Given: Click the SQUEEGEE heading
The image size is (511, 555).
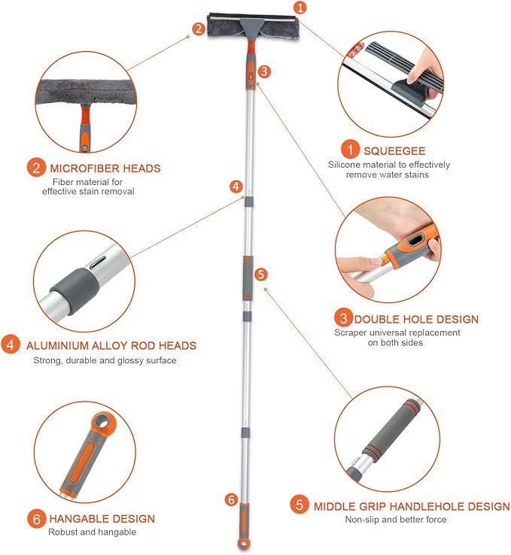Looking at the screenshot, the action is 394,151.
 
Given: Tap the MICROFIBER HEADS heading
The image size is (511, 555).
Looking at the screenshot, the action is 105,168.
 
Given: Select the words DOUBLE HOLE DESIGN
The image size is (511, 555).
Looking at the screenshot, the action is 416,320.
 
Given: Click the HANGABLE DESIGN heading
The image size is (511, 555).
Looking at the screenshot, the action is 102,519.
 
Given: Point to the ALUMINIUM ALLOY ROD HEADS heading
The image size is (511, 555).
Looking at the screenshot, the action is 111,345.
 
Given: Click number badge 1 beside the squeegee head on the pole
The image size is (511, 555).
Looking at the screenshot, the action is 300,7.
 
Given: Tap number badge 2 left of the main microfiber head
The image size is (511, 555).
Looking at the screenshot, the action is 199,29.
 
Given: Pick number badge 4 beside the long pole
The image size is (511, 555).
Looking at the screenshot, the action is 236,187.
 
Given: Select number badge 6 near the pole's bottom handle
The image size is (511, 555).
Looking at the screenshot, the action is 231,499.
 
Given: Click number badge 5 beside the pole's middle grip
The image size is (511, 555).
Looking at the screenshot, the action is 260,274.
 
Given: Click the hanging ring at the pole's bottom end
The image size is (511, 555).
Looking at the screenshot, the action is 243,544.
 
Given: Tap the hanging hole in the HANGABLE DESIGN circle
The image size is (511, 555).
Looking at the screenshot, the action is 104,423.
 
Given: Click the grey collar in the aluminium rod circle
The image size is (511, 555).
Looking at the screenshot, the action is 75,290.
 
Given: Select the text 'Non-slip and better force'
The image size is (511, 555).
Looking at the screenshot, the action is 396,519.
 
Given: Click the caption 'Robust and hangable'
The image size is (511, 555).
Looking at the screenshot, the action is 92,532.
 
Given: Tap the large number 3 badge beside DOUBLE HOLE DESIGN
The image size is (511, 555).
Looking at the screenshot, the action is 343,318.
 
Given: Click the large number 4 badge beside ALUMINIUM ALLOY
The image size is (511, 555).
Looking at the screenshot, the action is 11,344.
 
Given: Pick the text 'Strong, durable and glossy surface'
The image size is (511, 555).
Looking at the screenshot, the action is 105,360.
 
